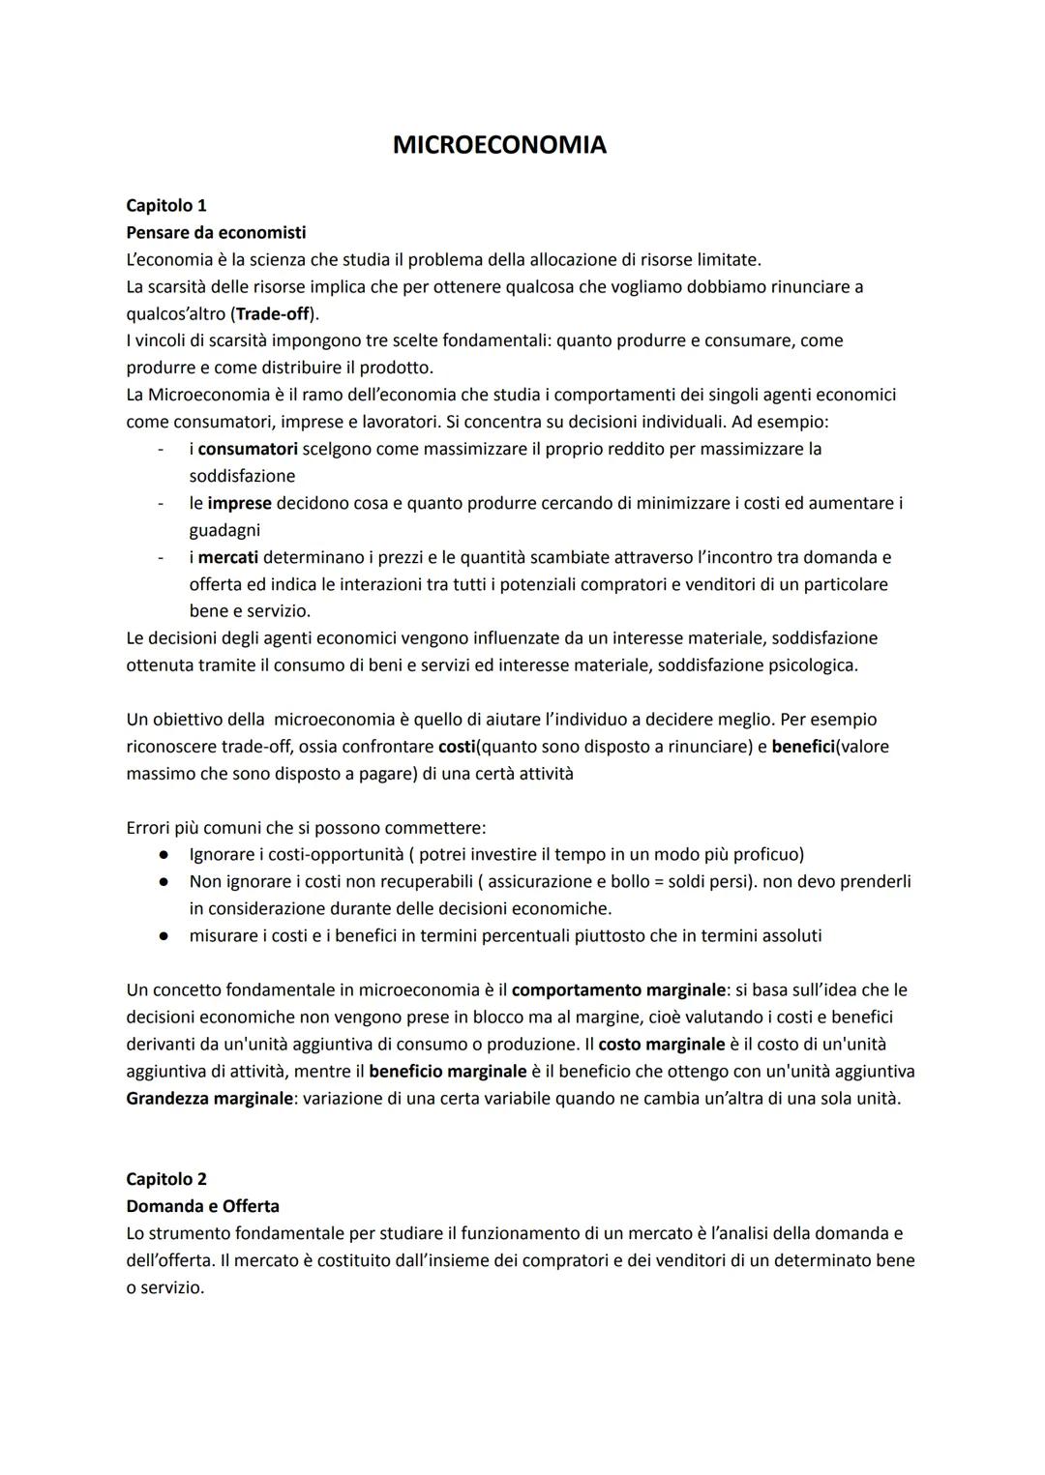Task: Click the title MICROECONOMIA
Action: coord(499,145)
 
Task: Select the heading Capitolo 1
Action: coord(166,205)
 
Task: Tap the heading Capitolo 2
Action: coord(166,1179)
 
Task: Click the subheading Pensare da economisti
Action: coord(216,232)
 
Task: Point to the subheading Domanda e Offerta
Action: coord(202,1206)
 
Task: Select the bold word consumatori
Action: coord(248,449)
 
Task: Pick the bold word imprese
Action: coord(239,503)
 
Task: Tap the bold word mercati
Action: coord(229,557)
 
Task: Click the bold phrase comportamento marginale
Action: coord(618,989)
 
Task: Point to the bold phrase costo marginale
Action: coord(662,1044)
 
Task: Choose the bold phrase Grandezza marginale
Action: coord(209,1098)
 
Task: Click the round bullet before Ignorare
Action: coord(165,855)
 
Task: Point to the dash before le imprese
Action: coord(159,503)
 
